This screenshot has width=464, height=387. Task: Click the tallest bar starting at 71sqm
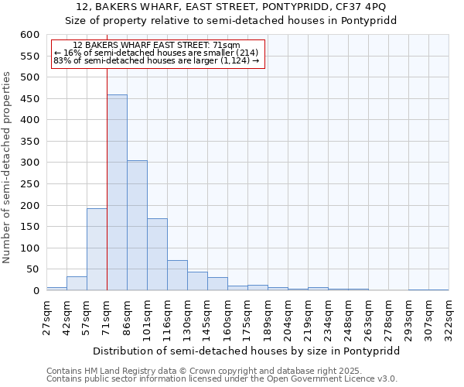click(117, 193)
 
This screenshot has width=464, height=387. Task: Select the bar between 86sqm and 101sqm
click(137, 225)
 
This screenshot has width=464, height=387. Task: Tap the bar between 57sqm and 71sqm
click(97, 249)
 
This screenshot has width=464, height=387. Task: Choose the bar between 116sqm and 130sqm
click(177, 276)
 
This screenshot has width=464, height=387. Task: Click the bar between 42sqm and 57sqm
click(77, 283)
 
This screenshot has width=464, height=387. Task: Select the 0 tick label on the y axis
click(36, 291)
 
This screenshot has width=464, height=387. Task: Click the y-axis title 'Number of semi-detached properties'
click(8, 167)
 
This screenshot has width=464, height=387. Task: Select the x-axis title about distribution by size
click(247, 351)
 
